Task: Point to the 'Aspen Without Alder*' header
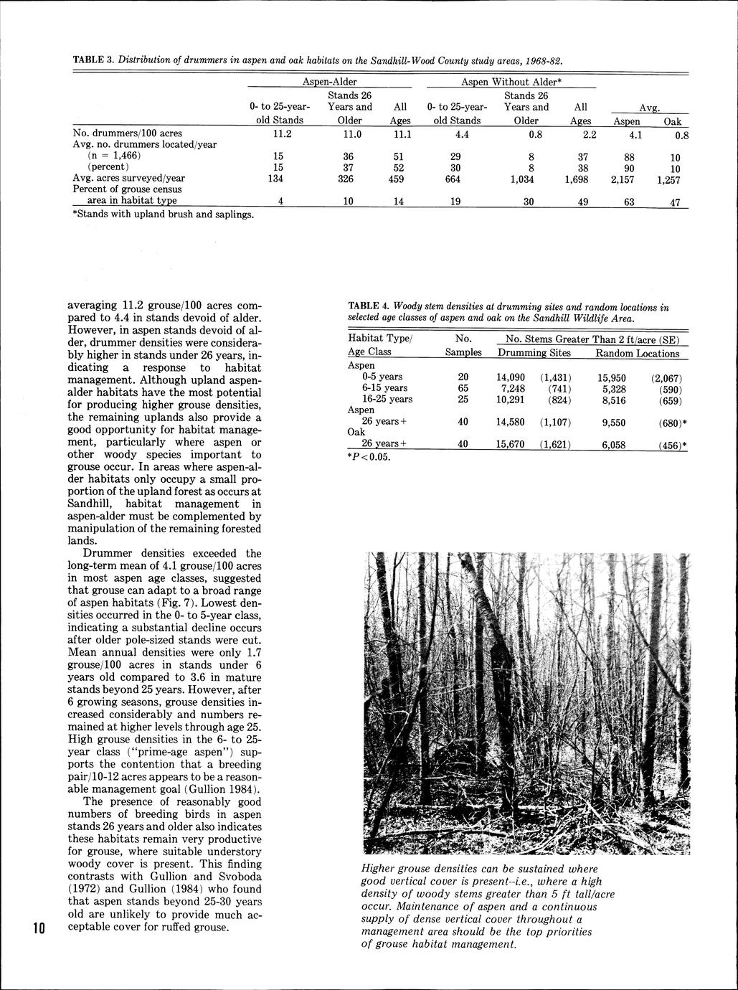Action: [511, 82]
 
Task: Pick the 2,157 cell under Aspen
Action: [625, 179]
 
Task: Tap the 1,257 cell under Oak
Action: [673, 180]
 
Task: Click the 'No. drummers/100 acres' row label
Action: [128, 133]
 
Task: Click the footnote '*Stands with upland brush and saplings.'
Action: [164, 214]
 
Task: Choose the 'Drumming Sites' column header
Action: [534, 353]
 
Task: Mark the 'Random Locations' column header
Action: [637, 353]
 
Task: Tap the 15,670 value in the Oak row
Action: [511, 445]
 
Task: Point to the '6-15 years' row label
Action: [384, 388]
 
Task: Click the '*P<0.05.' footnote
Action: [369, 457]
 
